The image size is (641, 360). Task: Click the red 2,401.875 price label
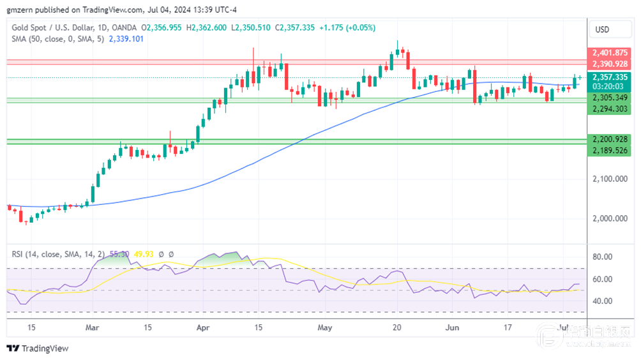coord(610,53)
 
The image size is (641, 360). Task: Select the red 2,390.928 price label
coord(610,64)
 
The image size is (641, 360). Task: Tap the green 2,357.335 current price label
coord(610,77)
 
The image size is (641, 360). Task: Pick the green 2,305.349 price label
coord(610,98)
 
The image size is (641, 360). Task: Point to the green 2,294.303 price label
coord(610,109)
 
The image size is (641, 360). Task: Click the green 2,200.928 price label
coord(610,139)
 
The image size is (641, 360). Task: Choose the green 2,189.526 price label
coord(610,151)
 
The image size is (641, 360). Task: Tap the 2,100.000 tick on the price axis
coord(610,179)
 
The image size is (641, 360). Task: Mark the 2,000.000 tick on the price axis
coord(610,218)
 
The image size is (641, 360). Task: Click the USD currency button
coord(602,29)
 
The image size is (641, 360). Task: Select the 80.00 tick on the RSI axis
coord(603,257)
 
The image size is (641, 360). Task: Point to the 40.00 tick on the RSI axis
coord(603,301)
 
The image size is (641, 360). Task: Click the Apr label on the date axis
coord(203,327)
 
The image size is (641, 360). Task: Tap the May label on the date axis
coord(325,327)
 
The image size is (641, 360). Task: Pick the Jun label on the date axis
coord(451,327)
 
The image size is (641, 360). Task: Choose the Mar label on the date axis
coord(93,327)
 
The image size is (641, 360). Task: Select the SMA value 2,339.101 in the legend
coord(126,39)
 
